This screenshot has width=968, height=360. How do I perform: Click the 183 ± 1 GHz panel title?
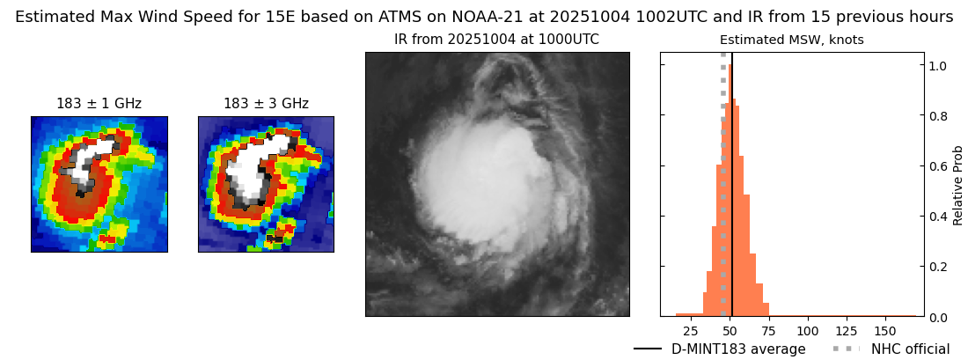pyautogui.click(x=99, y=104)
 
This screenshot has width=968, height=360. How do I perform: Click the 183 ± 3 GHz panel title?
pyautogui.click(x=266, y=104)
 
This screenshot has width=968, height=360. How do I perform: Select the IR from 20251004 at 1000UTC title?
pyautogui.click(x=496, y=40)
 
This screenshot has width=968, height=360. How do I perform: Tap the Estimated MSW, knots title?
pyautogui.click(x=791, y=40)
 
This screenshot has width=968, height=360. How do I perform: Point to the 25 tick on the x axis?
pyautogui.click(x=691, y=332)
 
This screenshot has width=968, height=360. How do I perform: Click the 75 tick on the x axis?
pyautogui.click(x=768, y=332)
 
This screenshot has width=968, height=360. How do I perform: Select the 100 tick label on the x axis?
pyautogui.click(x=807, y=332)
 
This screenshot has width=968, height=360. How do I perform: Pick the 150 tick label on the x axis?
pyautogui.click(x=884, y=332)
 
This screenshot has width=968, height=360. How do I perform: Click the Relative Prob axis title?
pyautogui.click(x=958, y=185)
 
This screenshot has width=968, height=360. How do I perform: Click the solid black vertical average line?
pyautogui.click(x=732, y=176)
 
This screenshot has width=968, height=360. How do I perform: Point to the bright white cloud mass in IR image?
pyautogui.click(x=475, y=176)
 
